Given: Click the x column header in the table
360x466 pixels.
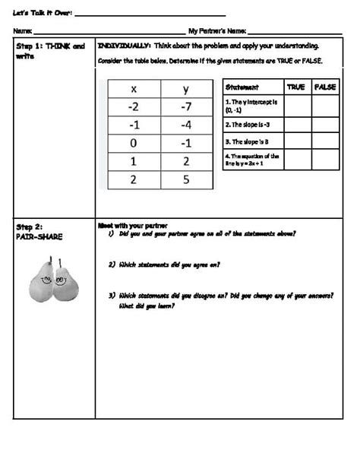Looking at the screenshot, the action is tap(134, 89).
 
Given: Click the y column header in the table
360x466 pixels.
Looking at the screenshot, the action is tap(186, 89).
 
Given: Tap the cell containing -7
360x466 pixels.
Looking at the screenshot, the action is tap(186, 106).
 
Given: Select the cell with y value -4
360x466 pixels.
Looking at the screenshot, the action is tap(186, 125).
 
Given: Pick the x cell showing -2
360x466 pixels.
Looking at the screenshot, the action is tap(134, 106).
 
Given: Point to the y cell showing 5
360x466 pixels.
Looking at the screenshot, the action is tap(186, 180).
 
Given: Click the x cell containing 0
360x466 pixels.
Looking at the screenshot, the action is tap(134, 144).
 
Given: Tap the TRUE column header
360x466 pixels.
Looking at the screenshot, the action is tap(296, 87).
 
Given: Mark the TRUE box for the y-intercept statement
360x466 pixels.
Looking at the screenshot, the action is tap(296, 105).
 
